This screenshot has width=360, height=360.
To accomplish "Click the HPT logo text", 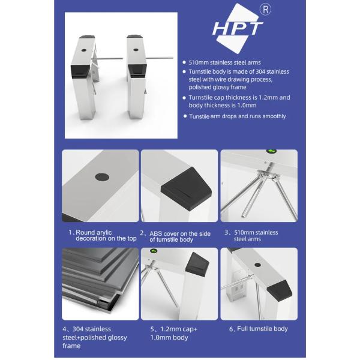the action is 238,28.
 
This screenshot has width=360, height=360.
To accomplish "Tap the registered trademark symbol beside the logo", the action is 265,10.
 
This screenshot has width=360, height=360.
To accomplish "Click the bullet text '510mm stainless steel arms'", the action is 224,62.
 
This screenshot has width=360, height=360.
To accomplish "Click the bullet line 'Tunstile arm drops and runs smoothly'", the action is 238,116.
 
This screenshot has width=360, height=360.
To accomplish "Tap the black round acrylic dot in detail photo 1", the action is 102,177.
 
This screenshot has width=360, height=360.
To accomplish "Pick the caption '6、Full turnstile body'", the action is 258,329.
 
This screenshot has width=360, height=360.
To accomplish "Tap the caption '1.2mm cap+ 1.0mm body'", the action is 174,334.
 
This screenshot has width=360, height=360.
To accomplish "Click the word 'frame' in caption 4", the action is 71,346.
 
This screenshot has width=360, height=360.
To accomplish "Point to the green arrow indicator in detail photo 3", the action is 271,151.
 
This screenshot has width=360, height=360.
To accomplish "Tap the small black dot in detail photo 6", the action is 257,265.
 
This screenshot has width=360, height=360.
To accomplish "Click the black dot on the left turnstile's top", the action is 84,50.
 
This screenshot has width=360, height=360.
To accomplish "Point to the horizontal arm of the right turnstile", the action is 160,58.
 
